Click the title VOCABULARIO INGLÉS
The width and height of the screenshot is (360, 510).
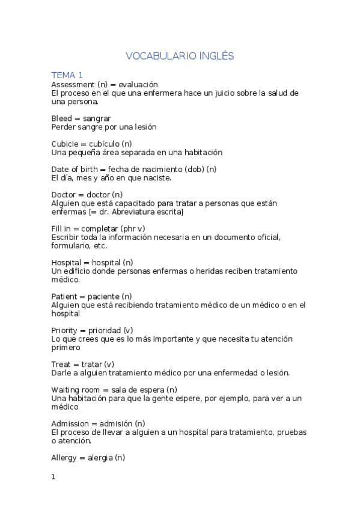pos(180,56)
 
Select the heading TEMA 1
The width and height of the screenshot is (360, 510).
pos(67,75)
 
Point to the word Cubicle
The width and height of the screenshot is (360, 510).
pos(65,144)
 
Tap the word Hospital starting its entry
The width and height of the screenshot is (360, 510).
pos(67,263)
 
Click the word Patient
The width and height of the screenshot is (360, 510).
pos(64,296)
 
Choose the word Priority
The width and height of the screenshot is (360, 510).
pos(64,330)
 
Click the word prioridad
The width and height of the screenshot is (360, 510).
pos(103,330)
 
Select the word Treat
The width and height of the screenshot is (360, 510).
pos(61,364)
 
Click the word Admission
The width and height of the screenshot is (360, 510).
pos(71,423)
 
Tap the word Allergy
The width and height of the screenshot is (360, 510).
pos(65,458)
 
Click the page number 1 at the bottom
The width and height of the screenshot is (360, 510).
pos(53,477)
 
